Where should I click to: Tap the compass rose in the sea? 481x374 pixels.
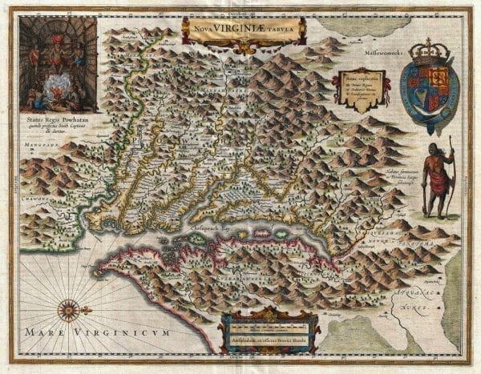click(x=68, y=308)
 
